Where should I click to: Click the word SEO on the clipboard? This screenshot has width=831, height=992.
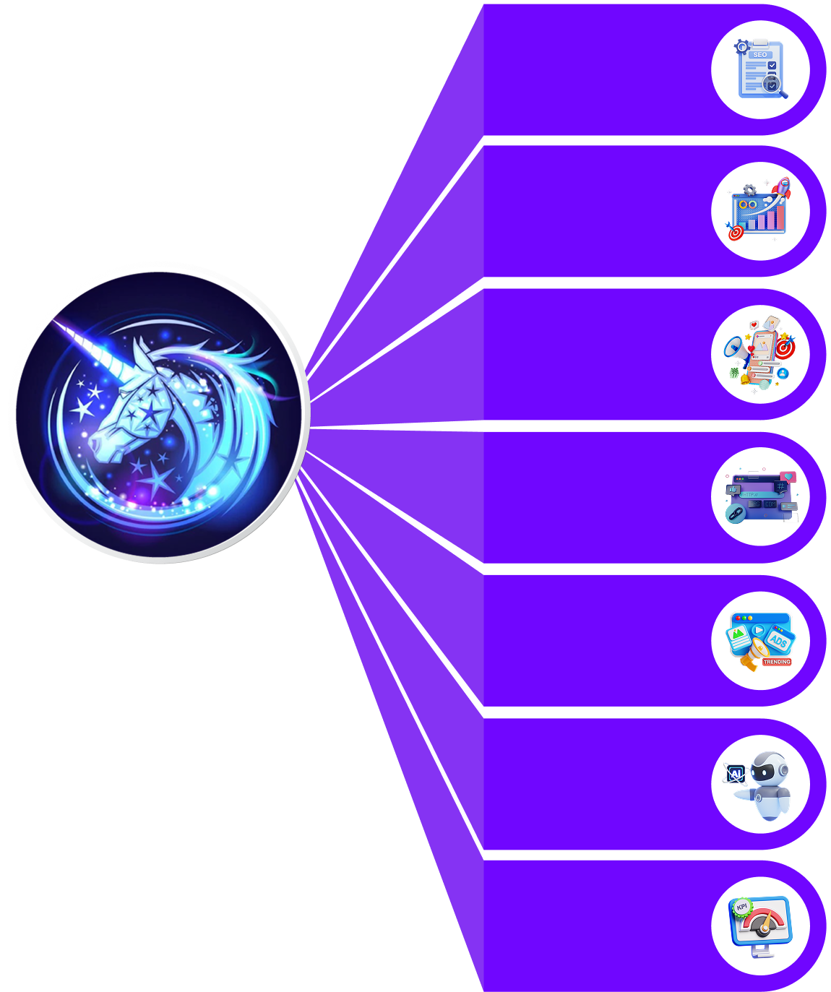point(759,55)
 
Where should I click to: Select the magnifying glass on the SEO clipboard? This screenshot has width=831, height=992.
point(773,85)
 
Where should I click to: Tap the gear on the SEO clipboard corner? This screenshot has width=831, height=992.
point(741,47)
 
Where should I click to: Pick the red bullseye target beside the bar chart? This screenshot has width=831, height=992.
point(736,233)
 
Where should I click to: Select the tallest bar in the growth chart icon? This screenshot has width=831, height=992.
point(779,217)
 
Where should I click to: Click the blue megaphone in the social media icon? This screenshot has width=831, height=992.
point(735,348)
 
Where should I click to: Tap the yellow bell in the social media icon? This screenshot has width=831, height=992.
point(744,379)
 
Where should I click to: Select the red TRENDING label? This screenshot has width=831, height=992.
point(777,662)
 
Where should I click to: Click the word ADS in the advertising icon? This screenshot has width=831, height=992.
point(778,641)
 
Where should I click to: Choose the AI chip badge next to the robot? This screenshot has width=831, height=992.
point(736,775)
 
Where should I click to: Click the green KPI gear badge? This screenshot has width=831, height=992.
point(741,907)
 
